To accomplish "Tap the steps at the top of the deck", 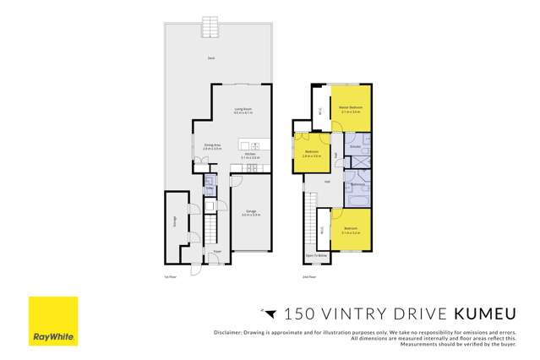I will click(210, 27).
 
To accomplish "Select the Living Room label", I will click(244, 109).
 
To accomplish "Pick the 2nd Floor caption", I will click(308, 275).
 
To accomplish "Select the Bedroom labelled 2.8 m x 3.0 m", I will click(312, 153).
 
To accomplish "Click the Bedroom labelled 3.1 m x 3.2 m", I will click(350, 230).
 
